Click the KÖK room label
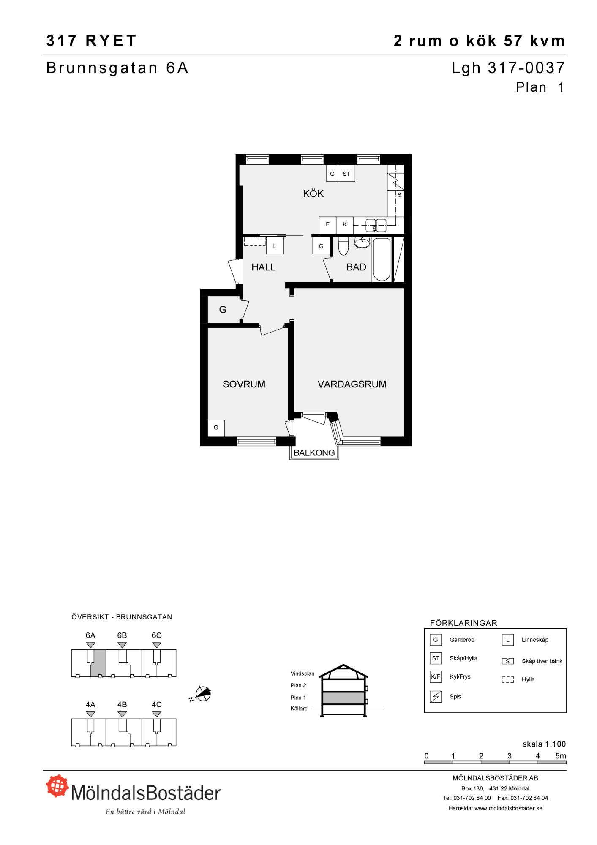pyautogui.click(x=313, y=194)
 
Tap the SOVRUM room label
pyautogui.click(x=244, y=384)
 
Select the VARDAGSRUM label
pyautogui.click(x=352, y=384)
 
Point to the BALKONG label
pyautogui.click(x=314, y=452)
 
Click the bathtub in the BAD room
pyautogui.click(x=382, y=259)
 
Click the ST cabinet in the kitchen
pyautogui.click(x=346, y=173)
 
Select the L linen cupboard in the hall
pyautogui.click(x=275, y=246)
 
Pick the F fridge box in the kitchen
pyautogui.click(x=327, y=225)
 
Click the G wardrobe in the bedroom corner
pyautogui.click(x=216, y=428)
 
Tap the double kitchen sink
pyautogui.click(x=376, y=225)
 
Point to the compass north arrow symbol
pyautogui.click(x=203, y=694)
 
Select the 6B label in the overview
pyautogui.click(x=122, y=635)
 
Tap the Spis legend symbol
pyautogui.click(x=436, y=696)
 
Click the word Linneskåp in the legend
pyautogui.click(x=535, y=640)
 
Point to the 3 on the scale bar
pyautogui.click(x=509, y=756)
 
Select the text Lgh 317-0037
pyautogui.click(x=508, y=68)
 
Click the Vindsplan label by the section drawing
pyautogui.click(x=303, y=673)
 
